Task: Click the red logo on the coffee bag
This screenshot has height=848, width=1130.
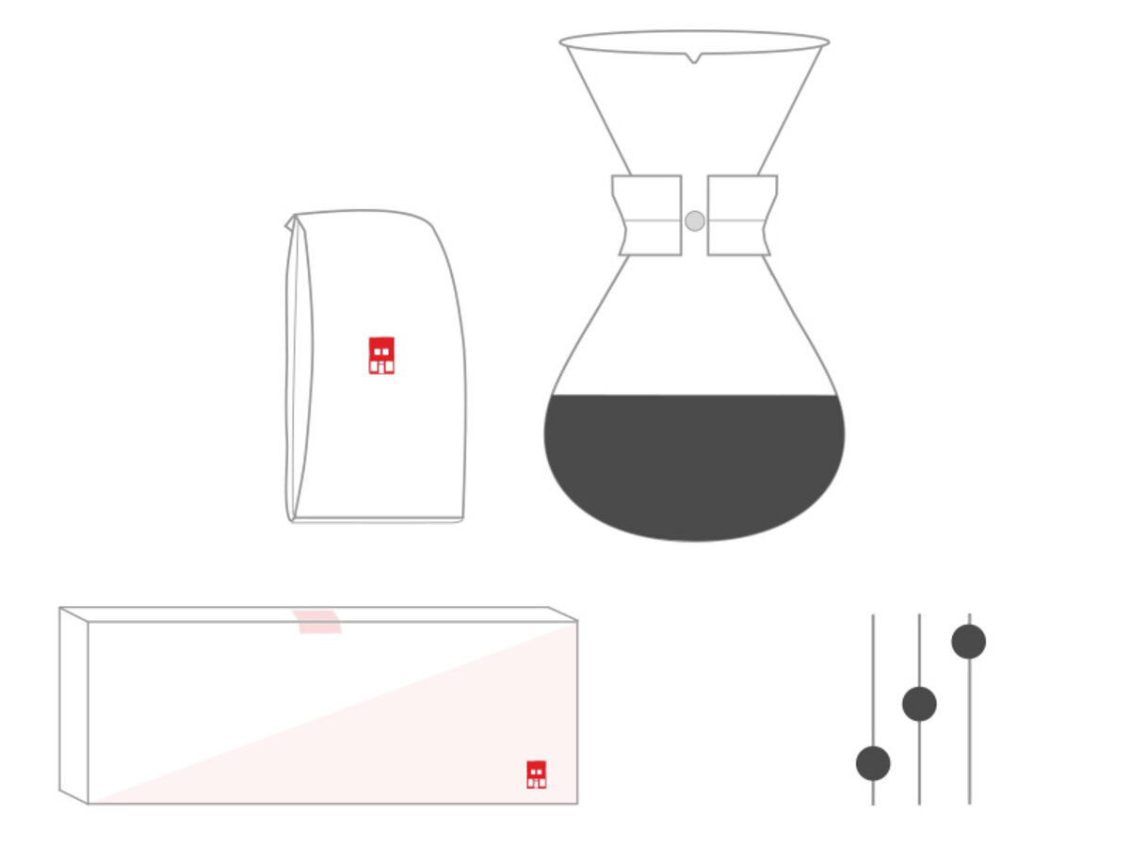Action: coord(381,355)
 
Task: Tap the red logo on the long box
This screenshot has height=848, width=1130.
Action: coord(537,774)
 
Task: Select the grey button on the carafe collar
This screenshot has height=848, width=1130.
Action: coord(695,220)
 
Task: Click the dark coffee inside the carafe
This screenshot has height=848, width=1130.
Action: coord(694,466)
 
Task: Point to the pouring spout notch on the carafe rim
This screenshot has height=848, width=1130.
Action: coord(694,59)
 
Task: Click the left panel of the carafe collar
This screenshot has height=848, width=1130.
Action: coord(648,215)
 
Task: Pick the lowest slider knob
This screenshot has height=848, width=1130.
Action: coord(873,763)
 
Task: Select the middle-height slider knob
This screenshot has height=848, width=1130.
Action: coord(919,704)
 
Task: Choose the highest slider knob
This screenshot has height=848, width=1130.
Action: coord(969,642)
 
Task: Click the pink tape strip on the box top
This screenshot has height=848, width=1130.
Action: coord(316,621)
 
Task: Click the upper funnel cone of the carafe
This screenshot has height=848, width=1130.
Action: coord(694,113)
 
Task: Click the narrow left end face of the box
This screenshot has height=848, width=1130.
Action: coord(73,705)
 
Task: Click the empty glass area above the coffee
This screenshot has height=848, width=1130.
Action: coord(694,339)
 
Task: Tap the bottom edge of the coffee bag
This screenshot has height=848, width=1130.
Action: coord(377,519)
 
